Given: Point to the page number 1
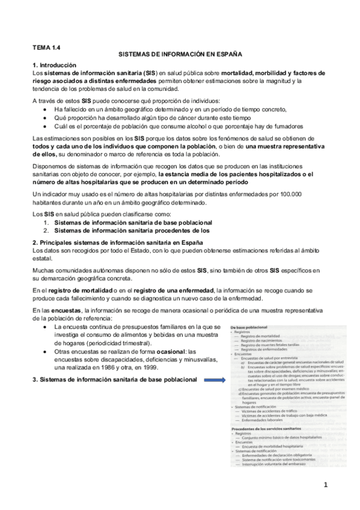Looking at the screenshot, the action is point(325,484).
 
